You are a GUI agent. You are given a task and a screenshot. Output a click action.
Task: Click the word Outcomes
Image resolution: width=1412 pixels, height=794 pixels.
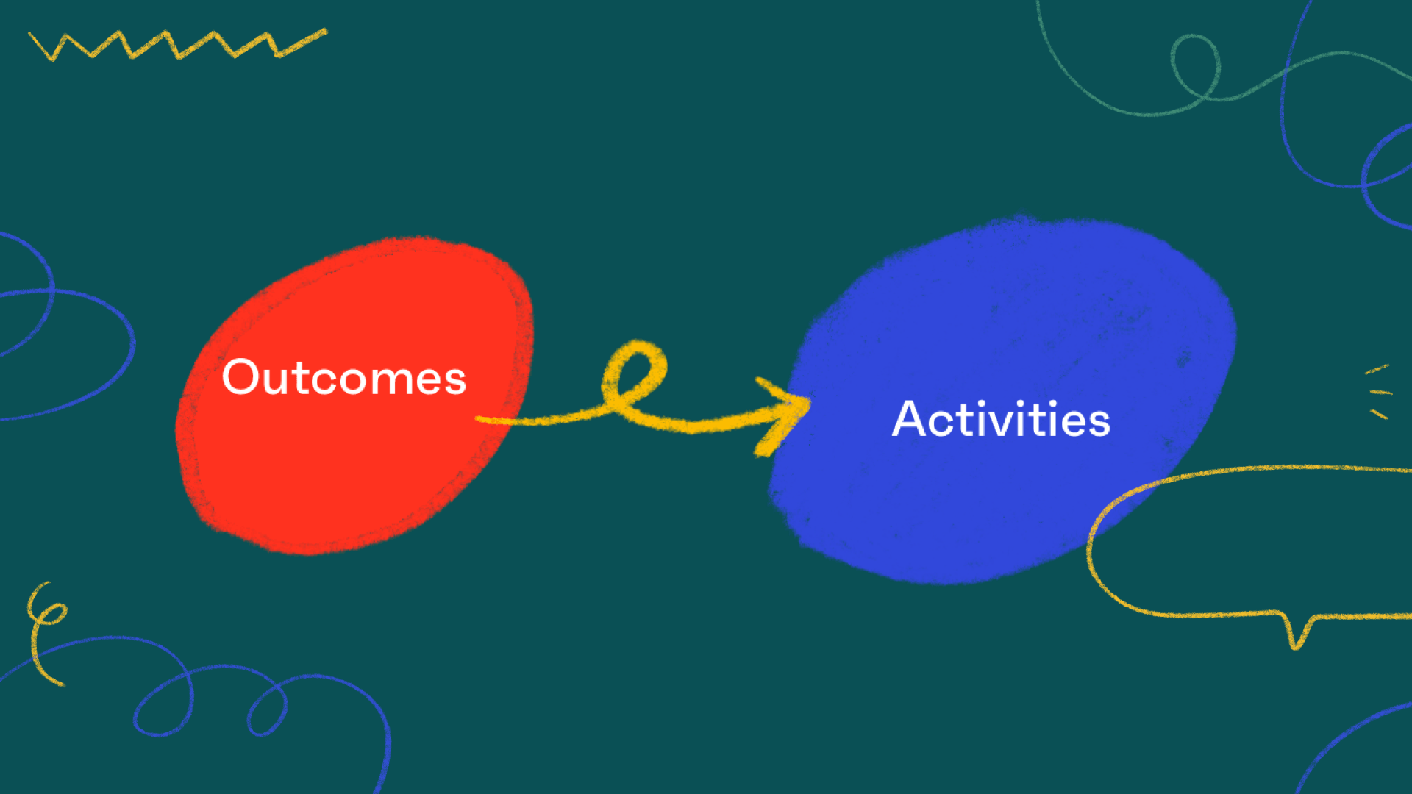[x=343, y=378]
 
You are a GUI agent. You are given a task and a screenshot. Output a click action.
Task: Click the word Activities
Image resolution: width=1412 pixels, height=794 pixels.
[x=1000, y=420]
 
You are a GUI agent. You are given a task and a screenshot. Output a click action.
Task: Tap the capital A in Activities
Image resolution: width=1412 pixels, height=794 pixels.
[x=911, y=419]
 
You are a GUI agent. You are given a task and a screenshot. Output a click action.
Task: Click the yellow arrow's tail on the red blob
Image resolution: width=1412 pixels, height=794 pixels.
[x=489, y=420]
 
